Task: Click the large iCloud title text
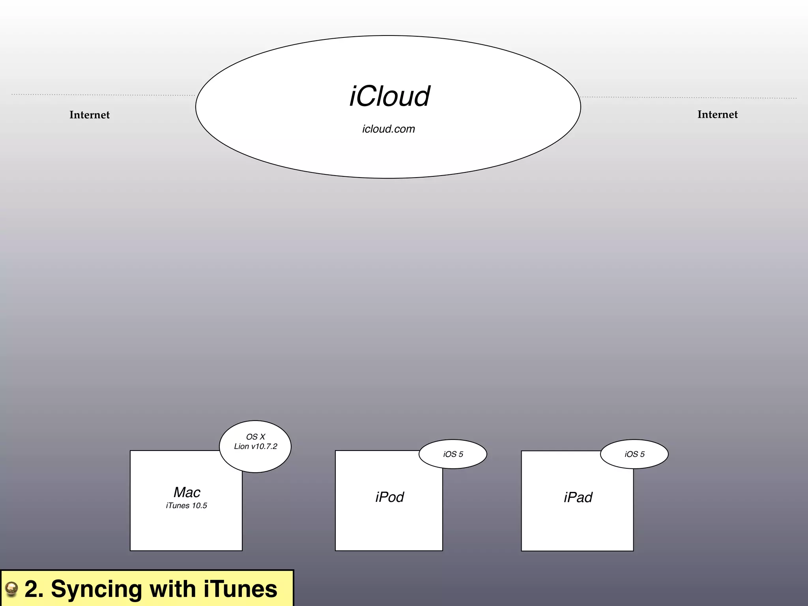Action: [389, 96]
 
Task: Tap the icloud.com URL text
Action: [389, 129]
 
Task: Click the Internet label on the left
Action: [90, 115]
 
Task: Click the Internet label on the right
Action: [717, 114]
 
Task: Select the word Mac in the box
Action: [187, 492]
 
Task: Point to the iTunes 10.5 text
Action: [187, 506]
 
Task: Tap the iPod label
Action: [389, 497]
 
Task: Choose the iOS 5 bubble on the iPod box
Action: [453, 454]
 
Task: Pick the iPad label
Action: [578, 498]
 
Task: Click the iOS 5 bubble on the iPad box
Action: [634, 454]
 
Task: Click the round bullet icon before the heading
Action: [11, 589]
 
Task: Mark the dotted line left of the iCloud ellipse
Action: [103, 95]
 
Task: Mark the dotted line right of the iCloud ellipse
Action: [688, 97]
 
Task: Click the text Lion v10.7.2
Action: [256, 447]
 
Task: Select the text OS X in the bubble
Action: [256, 437]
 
